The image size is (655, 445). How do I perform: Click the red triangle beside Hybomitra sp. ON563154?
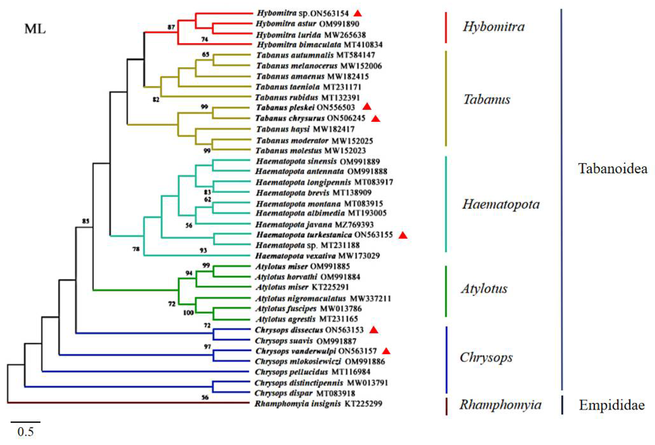coord(358,13)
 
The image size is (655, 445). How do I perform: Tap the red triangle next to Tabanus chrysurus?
coord(376,119)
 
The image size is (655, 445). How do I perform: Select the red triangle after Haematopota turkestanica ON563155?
coord(403,235)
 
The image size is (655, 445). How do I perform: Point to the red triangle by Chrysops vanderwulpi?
coord(386,351)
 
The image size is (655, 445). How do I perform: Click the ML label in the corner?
coord(35,29)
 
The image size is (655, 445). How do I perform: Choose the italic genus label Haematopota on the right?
coord(501,204)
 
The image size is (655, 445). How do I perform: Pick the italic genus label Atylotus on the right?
coord(484,288)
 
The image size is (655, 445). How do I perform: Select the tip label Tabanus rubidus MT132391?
coord(307,98)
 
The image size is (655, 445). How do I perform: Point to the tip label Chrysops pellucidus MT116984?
coord(312,372)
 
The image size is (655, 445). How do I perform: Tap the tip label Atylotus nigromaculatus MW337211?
coord(323,298)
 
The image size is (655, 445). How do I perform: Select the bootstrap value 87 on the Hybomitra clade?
coord(171,27)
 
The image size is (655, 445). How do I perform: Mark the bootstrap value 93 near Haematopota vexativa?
coord(203,250)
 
